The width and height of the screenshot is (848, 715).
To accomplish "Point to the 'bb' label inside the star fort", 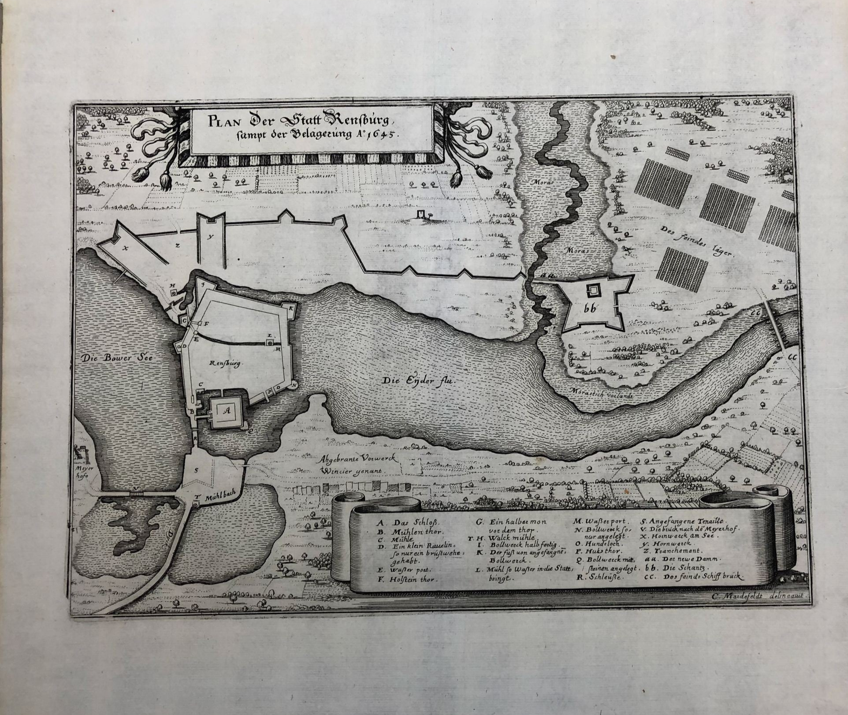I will coord(589,309).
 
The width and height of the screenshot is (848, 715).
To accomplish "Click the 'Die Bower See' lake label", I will coord(117,358).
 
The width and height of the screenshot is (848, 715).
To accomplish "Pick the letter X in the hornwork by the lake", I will coord(126,248).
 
